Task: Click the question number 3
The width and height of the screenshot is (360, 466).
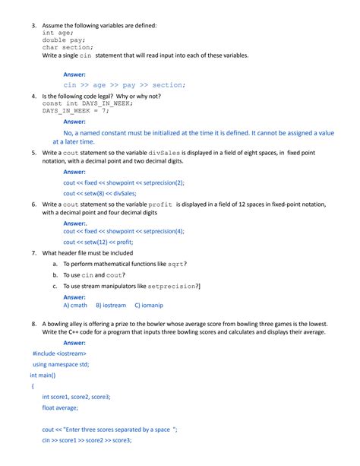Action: pos(33,26)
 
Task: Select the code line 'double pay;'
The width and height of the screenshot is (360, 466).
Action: pos(64,40)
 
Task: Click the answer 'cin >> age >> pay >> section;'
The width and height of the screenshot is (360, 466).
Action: pos(124,85)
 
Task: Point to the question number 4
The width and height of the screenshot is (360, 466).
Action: pos(33,97)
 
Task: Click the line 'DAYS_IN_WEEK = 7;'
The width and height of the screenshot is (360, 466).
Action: pos(76,111)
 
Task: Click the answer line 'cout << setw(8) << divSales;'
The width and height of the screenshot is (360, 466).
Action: pos(105,194)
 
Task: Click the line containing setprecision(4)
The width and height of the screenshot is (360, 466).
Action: pos(124,231)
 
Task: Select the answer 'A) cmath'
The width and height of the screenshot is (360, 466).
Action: pos(75,305)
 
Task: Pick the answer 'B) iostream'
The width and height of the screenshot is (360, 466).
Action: pos(111,305)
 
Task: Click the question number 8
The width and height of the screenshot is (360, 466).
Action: pos(33,323)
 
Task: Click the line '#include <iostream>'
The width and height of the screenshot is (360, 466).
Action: pos(59,353)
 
